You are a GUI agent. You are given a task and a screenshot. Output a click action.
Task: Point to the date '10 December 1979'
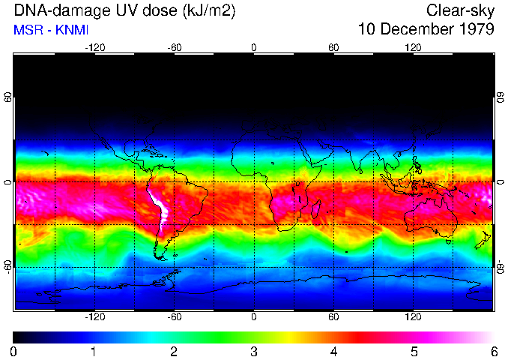426,30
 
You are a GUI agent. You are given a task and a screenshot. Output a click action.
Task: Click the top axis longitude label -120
94,47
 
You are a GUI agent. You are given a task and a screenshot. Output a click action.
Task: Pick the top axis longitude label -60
175,47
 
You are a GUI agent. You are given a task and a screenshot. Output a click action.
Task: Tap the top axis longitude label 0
254,47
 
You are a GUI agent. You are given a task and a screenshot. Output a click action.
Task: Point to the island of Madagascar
316,208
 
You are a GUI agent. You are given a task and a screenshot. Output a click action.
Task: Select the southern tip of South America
160,256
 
